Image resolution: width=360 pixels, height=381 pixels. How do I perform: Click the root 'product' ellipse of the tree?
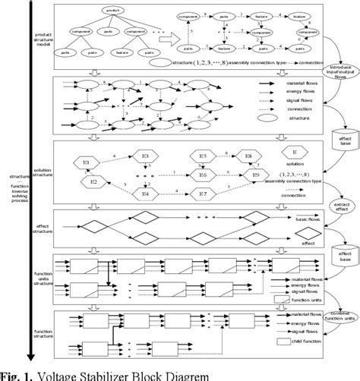pyautogui.click(x=111, y=10)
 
